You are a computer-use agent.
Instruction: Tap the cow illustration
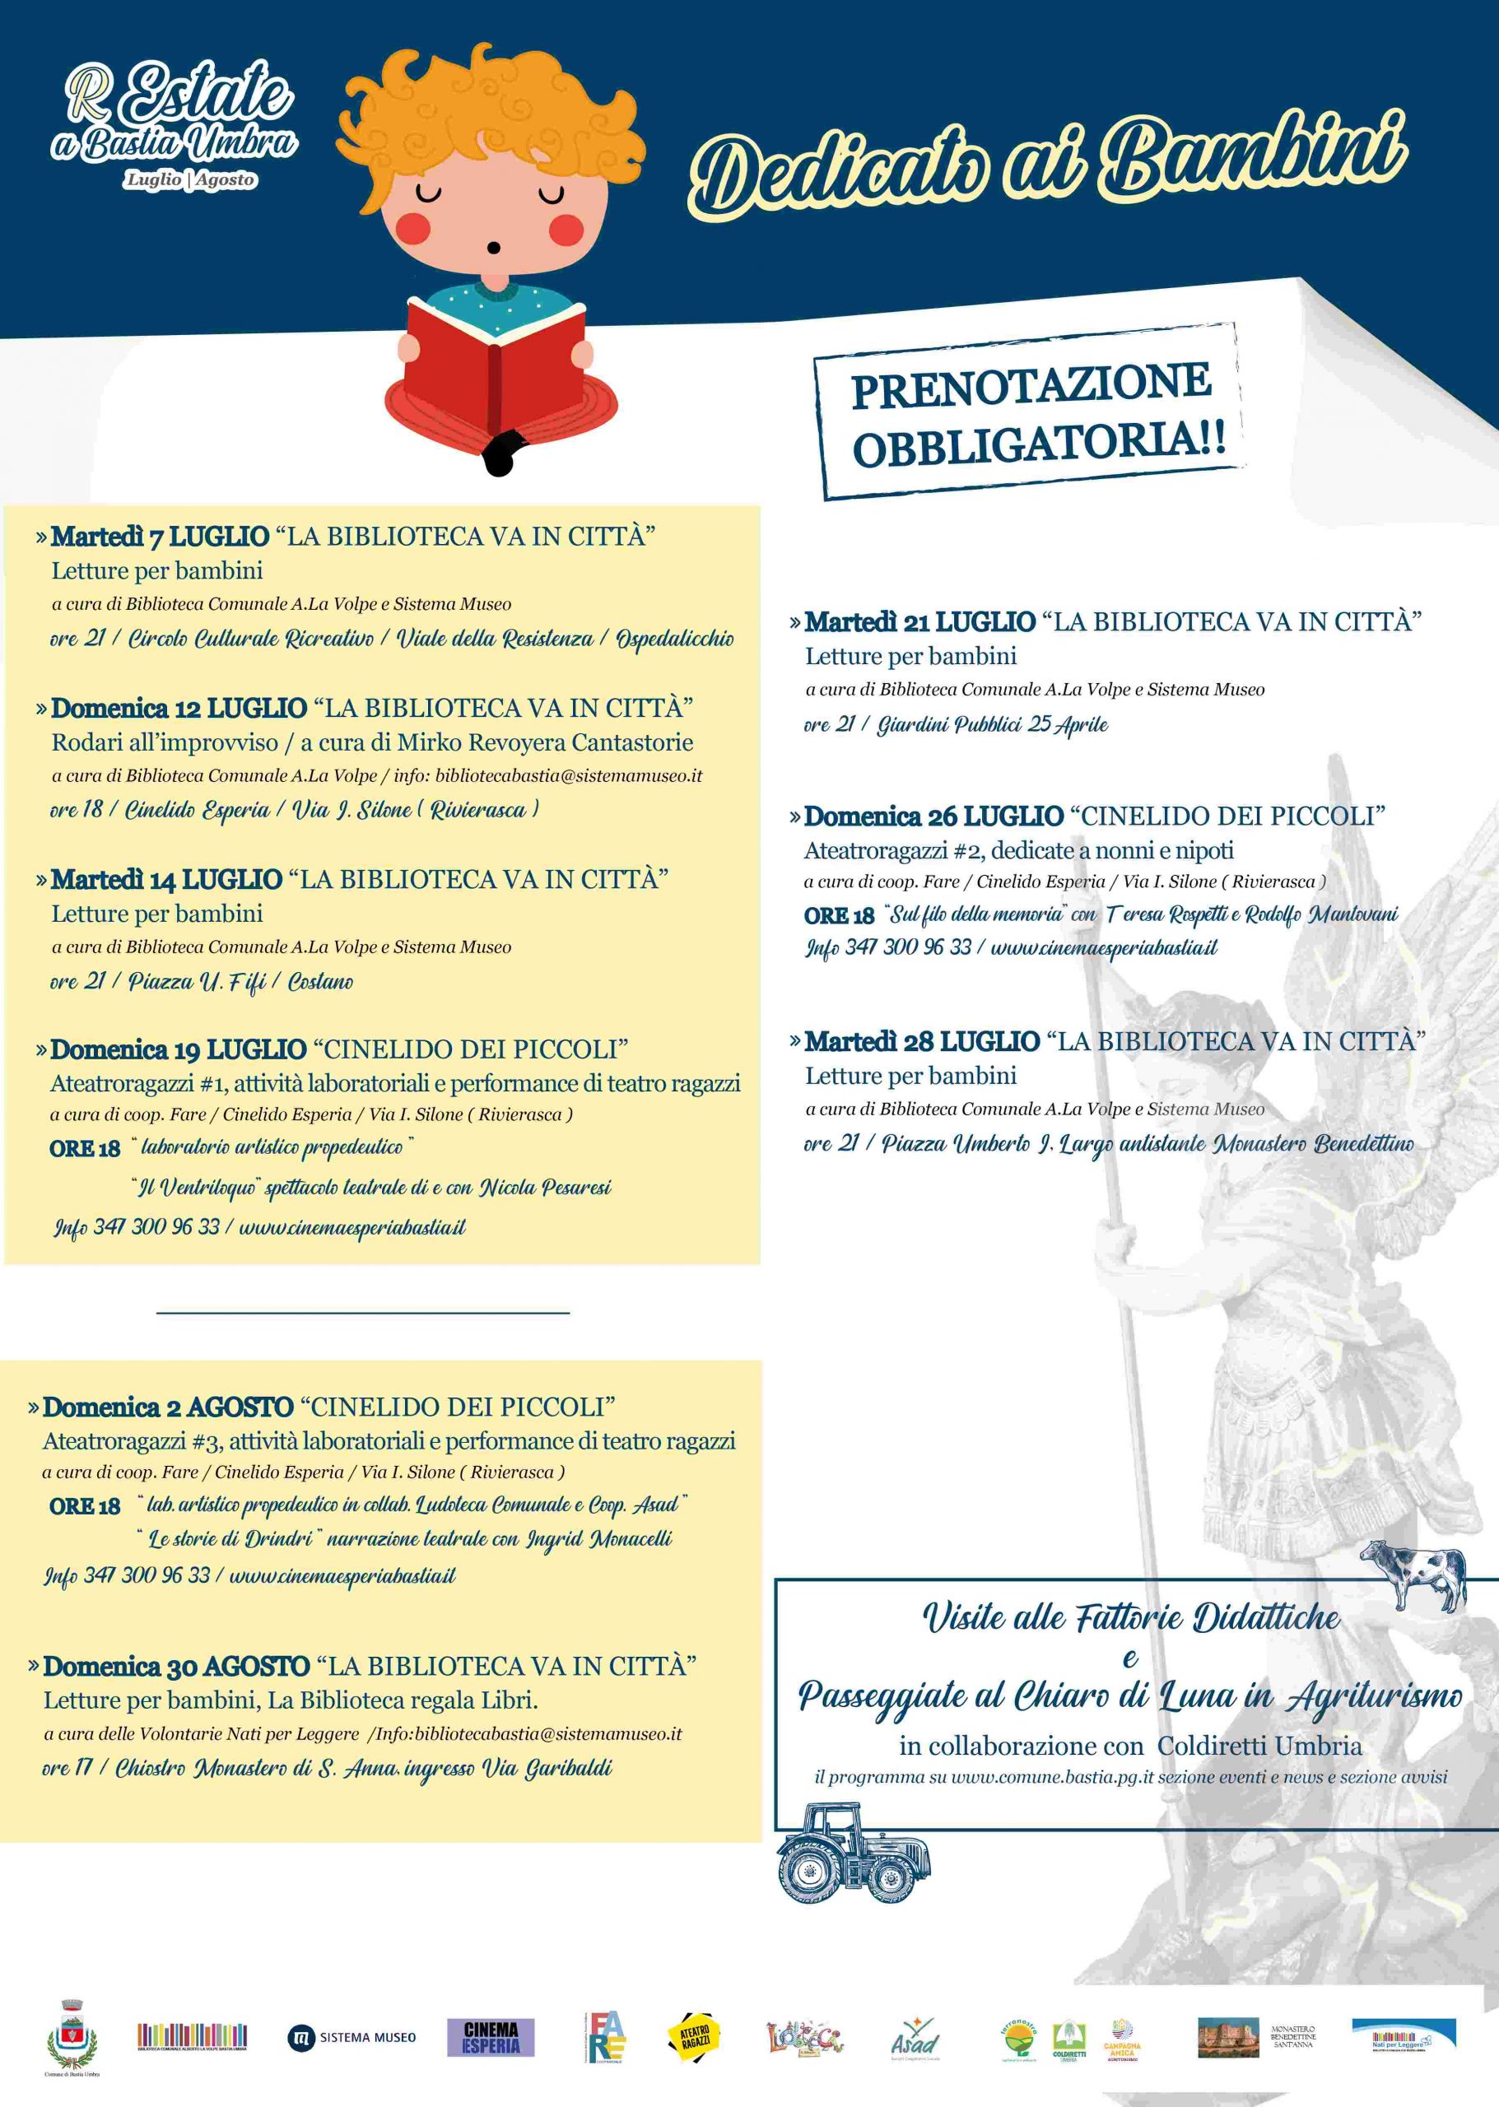[1413, 1574]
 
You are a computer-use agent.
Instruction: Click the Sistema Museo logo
[351, 2037]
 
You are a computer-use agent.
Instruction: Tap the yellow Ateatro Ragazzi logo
[693, 2037]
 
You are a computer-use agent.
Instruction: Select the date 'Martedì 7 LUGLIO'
[160, 536]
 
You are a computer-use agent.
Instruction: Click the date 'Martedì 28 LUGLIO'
[921, 1042]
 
